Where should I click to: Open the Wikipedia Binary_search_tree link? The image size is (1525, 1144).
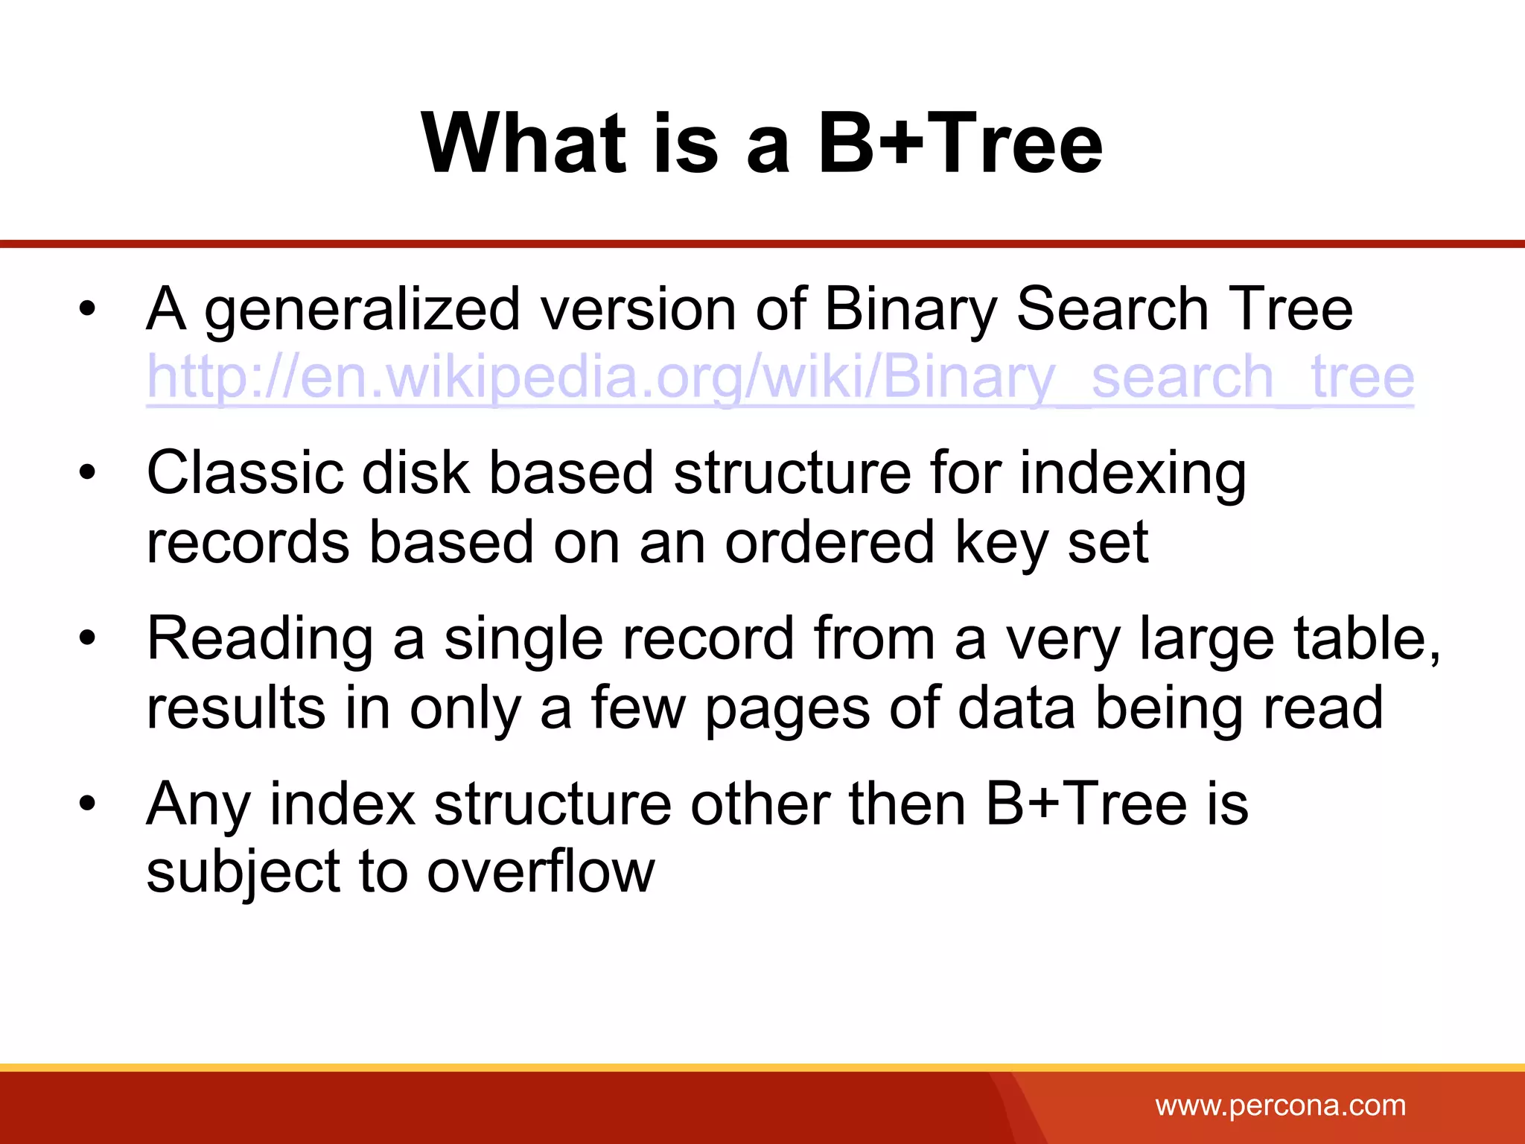click(x=780, y=377)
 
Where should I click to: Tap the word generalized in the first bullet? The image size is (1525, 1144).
click(x=362, y=310)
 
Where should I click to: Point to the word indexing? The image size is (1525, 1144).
click(x=1132, y=474)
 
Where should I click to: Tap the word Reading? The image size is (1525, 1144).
click(x=260, y=639)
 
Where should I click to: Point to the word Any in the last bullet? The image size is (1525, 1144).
click(x=197, y=804)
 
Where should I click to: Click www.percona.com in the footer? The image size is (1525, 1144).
click(x=1280, y=1105)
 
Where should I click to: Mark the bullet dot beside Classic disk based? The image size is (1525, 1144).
click(x=88, y=472)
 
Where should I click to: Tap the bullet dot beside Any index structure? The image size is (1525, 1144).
click(x=88, y=803)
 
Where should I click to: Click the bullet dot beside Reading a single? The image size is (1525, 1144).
click(x=88, y=638)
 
